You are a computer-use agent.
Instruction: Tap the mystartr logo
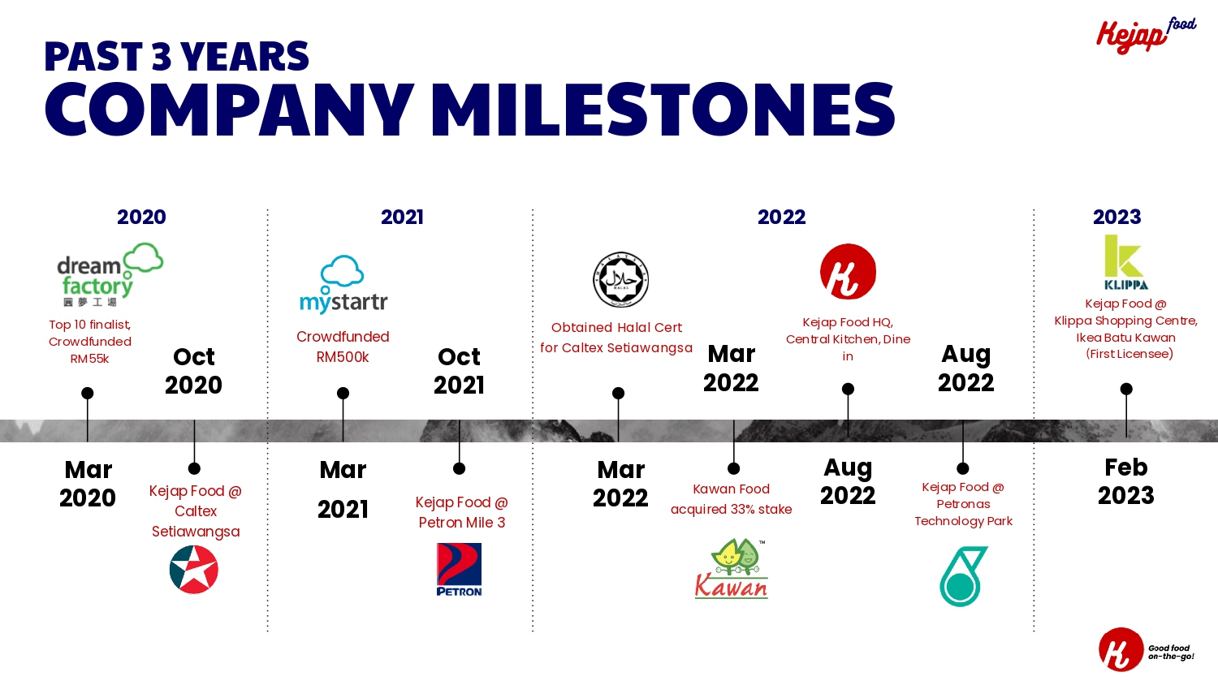click(x=343, y=284)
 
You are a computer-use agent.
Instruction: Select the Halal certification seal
click(x=620, y=280)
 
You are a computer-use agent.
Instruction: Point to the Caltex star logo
click(x=194, y=569)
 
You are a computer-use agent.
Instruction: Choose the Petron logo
click(x=459, y=569)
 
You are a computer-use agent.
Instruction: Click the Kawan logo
click(x=732, y=569)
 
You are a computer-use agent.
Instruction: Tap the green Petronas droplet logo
click(x=963, y=576)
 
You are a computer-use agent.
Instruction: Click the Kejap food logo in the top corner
click(x=1147, y=36)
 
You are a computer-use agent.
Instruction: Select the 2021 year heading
click(x=402, y=217)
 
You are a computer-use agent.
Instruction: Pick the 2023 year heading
click(x=1116, y=217)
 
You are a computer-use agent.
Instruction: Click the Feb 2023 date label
click(x=1125, y=481)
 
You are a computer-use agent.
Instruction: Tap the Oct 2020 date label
click(x=193, y=371)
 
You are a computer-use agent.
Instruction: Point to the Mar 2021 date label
click(x=343, y=489)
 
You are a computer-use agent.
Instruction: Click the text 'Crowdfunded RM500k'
click(x=343, y=347)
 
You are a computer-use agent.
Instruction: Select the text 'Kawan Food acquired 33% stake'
click(x=732, y=499)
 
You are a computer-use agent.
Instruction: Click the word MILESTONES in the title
click(x=663, y=109)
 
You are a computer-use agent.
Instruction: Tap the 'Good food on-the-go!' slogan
click(x=1171, y=652)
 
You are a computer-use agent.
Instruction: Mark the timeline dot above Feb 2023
click(x=1126, y=390)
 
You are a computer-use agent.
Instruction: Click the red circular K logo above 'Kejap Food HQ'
click(x=848, y=272)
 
